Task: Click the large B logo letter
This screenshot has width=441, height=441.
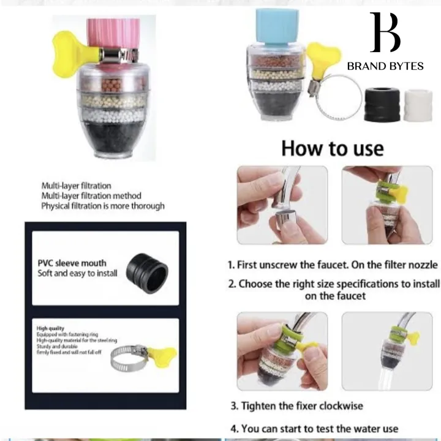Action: pyautogui.click(x=385, y=34)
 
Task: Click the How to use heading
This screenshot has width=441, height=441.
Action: pyautogui.click(x=333, y=148)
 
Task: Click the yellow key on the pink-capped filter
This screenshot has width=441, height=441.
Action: pyautogui.click(x=66, y=47)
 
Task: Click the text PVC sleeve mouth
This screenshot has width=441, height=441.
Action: pyautogui.click(x=72, y=263)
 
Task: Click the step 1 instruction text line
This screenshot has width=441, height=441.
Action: pyautogui.click(x=333, y=265)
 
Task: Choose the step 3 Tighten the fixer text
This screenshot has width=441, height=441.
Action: pyautogui.click(x=296, y=405)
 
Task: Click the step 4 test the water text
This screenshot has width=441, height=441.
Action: pyautogui.click(x=314, y=428)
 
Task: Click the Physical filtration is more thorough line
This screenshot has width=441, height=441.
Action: pyautogui.click(x=102, y=206)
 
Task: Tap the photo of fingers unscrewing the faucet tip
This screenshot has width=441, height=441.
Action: pyautogui.click(x=282, y=205)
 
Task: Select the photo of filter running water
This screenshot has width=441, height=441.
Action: pyautogui.click(x=386, y=352)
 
